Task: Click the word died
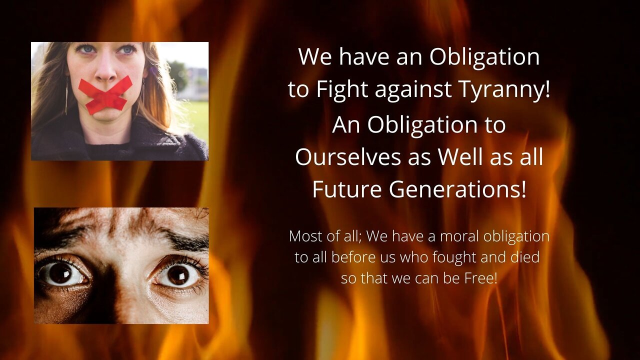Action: (x=525, y=257)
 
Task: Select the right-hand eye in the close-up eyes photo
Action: (x=177, y=274)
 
